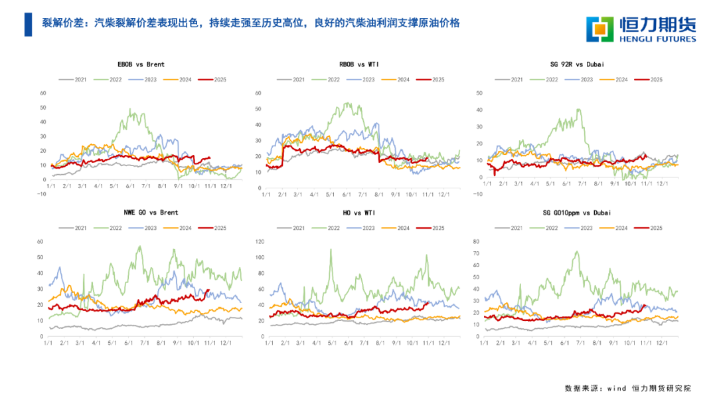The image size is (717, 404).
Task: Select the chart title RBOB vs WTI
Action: [357, 64]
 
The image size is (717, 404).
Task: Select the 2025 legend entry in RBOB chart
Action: [432, 80]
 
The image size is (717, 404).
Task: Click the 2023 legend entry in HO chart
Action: [362, 228]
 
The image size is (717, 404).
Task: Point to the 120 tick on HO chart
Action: [260, 241]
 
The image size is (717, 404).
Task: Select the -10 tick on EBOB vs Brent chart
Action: [40, 195]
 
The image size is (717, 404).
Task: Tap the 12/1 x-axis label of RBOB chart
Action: [444, 195]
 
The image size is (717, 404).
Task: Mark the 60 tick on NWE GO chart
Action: [40, 241]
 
